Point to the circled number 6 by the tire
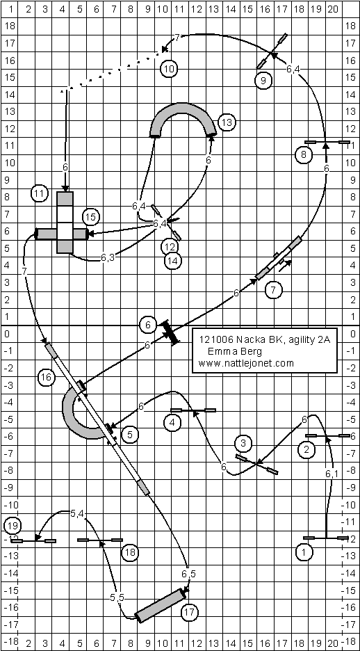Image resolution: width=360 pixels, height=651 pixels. tap(148, 325)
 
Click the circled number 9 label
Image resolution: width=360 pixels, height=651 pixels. tap(263, 80)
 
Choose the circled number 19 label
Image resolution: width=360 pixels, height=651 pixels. tap(12, 526)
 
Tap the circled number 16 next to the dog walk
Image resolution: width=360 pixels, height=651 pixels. tap(46, 377)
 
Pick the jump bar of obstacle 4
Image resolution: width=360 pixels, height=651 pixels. tap(193, 410)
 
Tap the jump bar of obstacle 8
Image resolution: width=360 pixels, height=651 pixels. tap(327, 142)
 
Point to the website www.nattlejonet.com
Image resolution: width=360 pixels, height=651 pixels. tap(246, 363)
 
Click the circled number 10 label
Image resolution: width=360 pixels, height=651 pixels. tap(169, 68)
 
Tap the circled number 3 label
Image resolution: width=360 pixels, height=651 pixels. tap(243, 444)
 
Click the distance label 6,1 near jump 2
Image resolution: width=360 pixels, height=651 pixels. tap(332, 474)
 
